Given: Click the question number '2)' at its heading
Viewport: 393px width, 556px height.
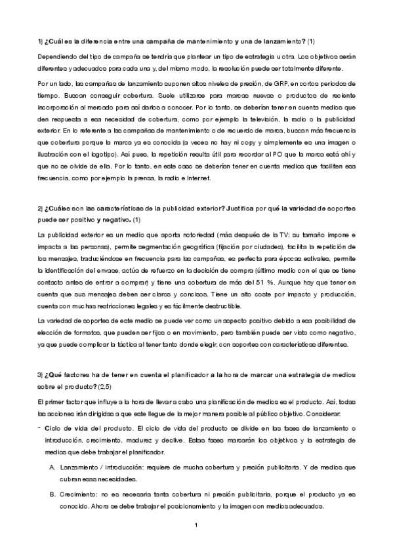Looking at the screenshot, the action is click(x=41, y=208).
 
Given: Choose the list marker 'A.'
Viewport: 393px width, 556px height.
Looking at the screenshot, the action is click(x=52, y=466).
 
